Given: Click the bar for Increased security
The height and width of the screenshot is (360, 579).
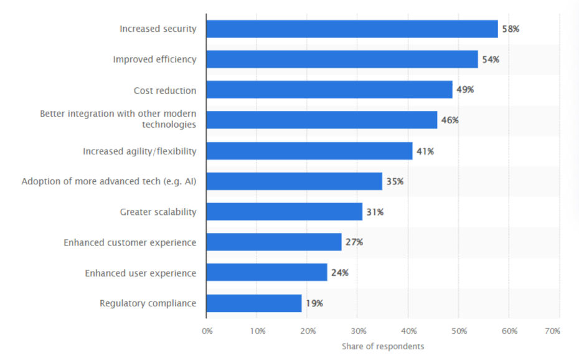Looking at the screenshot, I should (352, 29).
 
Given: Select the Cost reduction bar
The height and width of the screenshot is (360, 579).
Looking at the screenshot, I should (329, 90).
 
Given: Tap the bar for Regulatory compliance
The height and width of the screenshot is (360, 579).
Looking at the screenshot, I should (253, 303).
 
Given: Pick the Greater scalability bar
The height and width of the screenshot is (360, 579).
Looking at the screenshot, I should (284, 212).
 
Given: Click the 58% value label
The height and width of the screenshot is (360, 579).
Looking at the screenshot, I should (511, 29).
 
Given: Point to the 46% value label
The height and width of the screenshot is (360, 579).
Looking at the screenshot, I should (450, 120).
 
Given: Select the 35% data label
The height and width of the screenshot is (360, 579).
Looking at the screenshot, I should (395, 181).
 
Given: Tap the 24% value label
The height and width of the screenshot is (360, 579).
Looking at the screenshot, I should (340, 273).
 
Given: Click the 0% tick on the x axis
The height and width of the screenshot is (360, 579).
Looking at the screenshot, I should (207, 331).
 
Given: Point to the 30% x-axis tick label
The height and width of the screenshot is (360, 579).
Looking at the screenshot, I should (358, 331).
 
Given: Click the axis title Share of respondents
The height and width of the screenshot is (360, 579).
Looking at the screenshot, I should (383, 346).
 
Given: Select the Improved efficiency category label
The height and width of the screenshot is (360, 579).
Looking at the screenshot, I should (154, 60).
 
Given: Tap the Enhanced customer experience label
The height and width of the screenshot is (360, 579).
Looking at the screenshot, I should (129, 242).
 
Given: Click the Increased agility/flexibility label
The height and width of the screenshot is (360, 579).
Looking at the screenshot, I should (139, 151).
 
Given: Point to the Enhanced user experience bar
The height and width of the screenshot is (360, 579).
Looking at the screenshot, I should (266, 272).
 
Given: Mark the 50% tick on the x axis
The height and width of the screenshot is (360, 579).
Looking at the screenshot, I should (459, 331).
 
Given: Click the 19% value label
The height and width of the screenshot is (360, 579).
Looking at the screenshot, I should (314, 303).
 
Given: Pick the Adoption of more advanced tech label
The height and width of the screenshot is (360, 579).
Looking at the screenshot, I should (109, 181).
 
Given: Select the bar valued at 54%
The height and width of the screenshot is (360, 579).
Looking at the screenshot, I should (342, 59).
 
